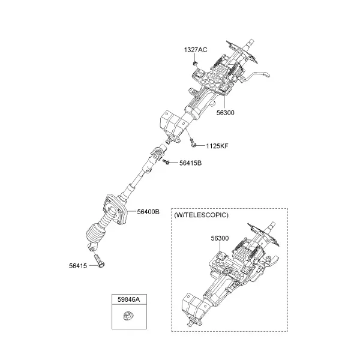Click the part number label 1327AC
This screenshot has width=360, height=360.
[196, 50]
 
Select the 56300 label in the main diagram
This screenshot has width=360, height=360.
[226, 113]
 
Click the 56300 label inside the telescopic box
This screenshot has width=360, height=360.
[220, 238]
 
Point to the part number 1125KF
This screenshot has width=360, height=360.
[217, 146]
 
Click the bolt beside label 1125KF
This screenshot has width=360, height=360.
[193, 142]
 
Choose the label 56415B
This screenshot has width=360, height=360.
[190, 163]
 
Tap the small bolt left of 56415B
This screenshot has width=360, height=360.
[166, 162]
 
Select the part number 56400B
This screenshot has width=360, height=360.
[148, 212]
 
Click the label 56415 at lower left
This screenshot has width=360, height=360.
[78, 266]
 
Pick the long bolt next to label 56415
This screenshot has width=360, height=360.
[99, 260]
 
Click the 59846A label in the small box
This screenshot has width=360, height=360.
[129, 299]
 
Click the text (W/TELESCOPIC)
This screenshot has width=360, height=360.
[201, 215]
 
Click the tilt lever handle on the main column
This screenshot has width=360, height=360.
[258, 74]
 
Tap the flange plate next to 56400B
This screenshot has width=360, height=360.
[115, 209]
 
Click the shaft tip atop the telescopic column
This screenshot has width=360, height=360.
[272, 225]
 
